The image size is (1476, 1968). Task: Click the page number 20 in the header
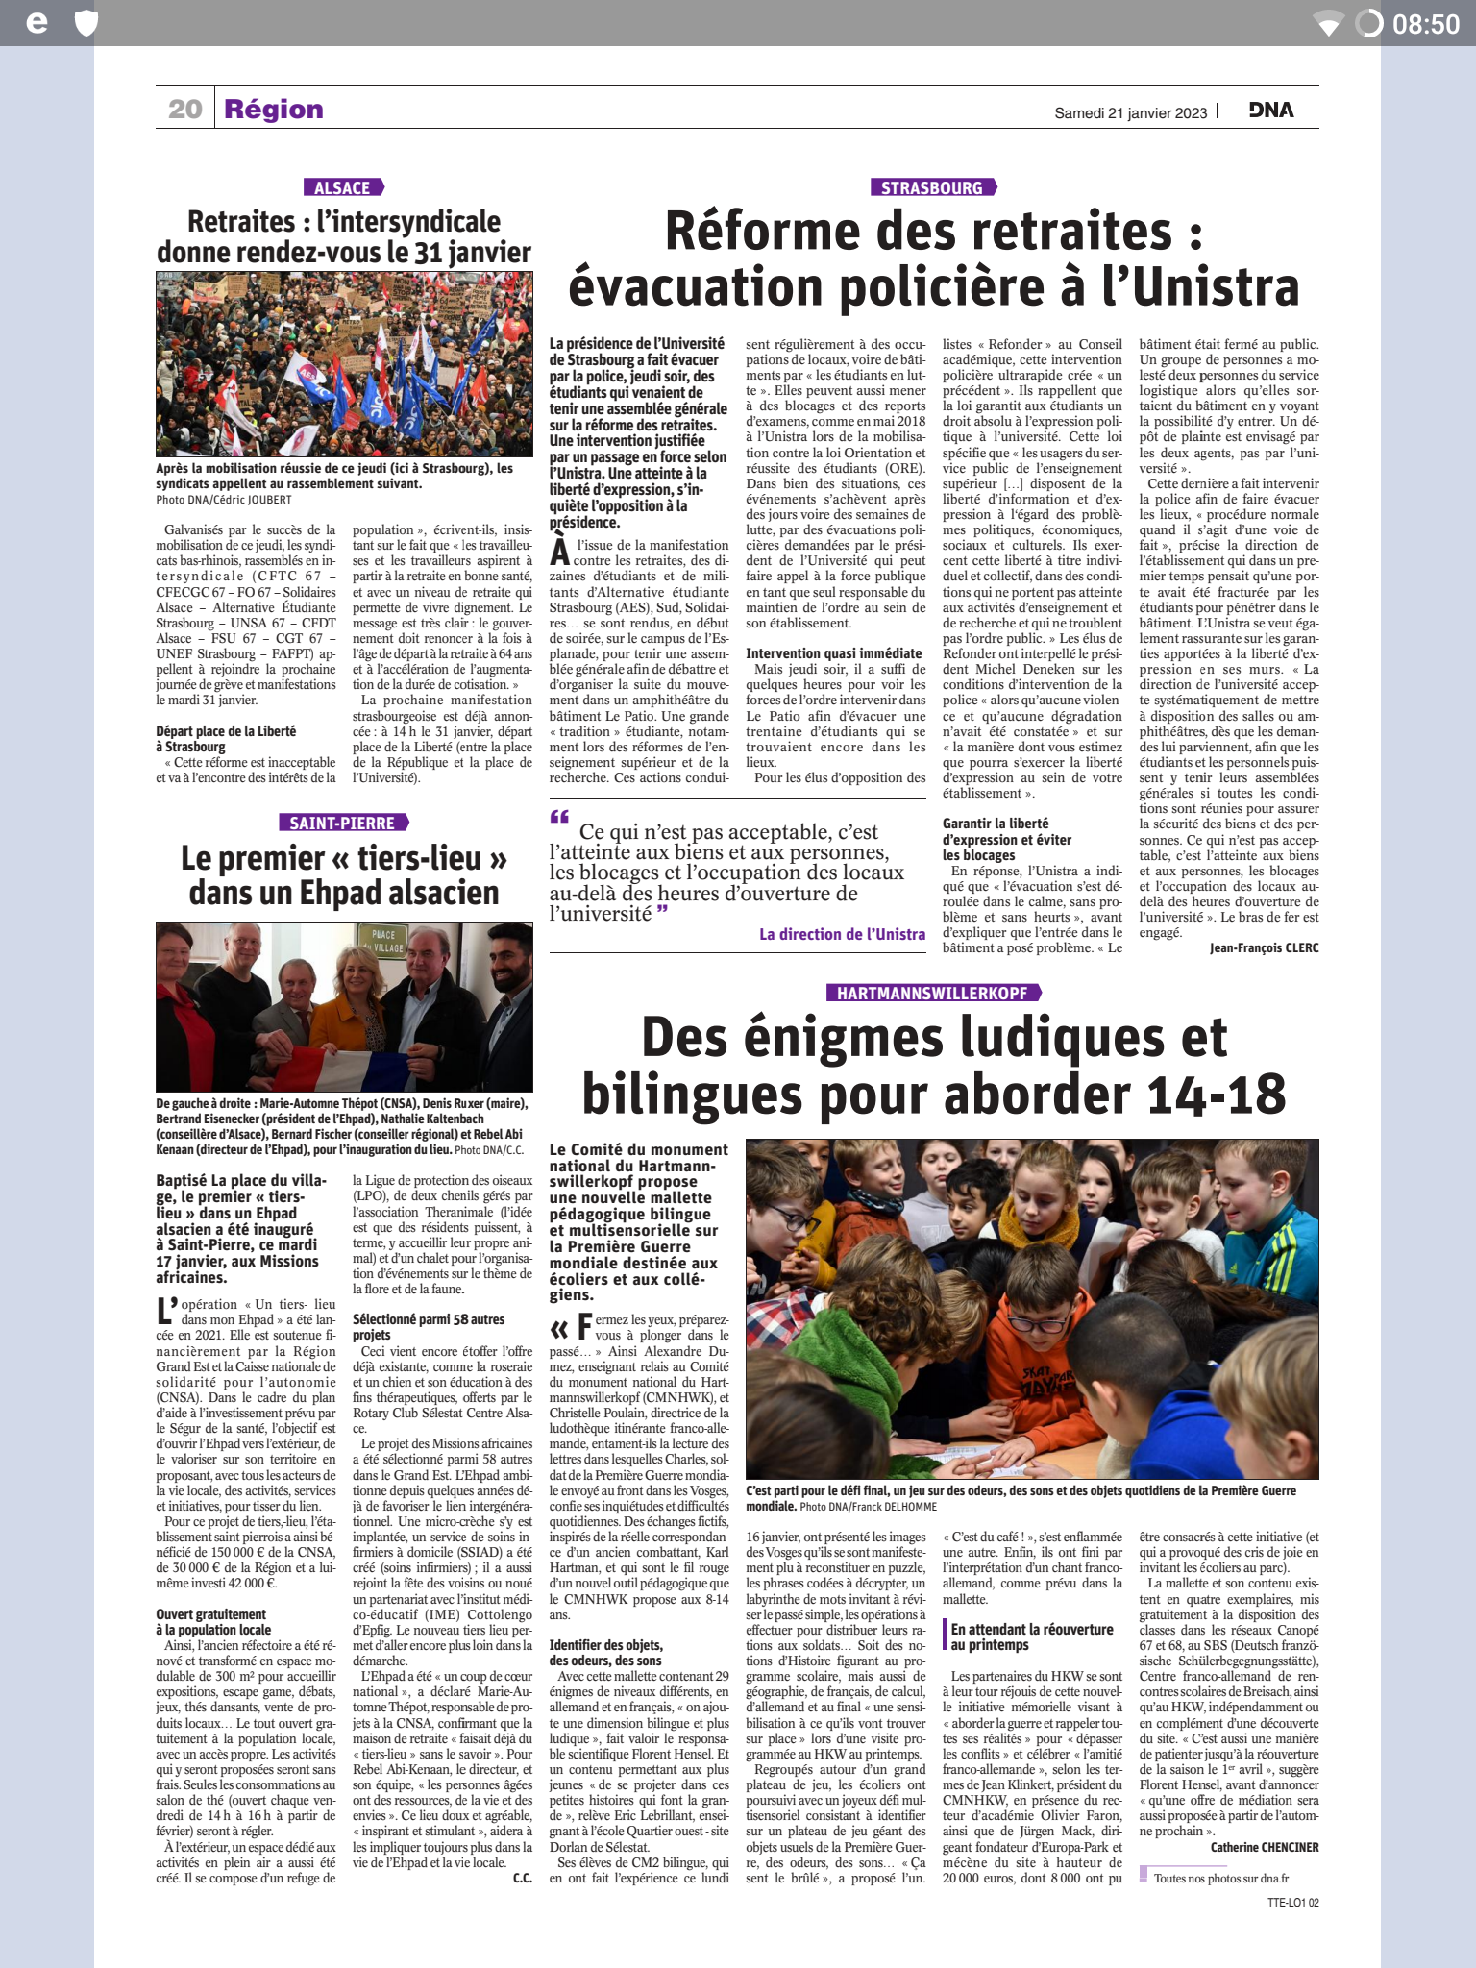point(184,110)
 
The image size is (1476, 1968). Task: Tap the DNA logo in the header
point(1271,111)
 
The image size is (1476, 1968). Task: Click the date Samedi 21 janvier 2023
point(1130,113)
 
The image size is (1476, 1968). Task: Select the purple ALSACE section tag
point(342,187)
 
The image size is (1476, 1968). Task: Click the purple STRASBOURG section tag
point(932,187)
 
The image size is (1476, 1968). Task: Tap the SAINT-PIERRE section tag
point(342,824)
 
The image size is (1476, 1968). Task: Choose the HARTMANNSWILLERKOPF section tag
point(932,993)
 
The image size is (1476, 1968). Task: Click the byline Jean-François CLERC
point(1264,947)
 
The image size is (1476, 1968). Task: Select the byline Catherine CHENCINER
point(1264,1847)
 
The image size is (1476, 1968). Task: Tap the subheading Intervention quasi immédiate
point(833,653)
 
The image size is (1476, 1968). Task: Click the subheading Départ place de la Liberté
point(226,731)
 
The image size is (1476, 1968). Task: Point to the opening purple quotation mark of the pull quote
point(559,818)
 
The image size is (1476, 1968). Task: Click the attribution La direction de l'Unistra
point(842,934)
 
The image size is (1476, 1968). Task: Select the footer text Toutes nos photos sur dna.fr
point(1220,1878)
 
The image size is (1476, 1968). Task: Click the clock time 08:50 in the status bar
point(1426,24)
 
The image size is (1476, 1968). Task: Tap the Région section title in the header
point(274,110)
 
